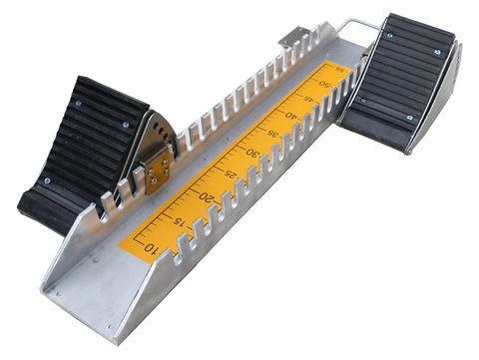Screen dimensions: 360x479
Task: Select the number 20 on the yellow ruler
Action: point(207,196)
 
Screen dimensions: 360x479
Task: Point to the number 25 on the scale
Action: point(232,175)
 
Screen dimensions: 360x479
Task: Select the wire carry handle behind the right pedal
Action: point(357,28)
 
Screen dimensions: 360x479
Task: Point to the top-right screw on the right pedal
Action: point(437,51)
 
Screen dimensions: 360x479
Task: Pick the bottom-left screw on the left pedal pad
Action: point(47,180)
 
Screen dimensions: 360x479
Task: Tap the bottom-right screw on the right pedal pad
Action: point(409,118)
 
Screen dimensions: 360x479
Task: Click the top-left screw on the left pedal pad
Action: point(78,103)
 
